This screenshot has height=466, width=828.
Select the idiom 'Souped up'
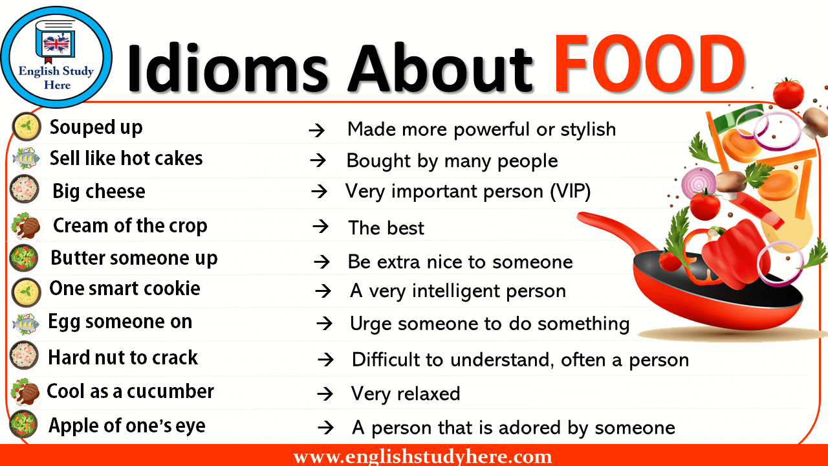[96, 128]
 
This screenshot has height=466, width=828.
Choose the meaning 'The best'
[386, 228]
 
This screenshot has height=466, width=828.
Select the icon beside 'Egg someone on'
[26, 322]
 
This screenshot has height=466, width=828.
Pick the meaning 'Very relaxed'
[406, 394]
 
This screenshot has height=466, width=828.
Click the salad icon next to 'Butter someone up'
[25, 258]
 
